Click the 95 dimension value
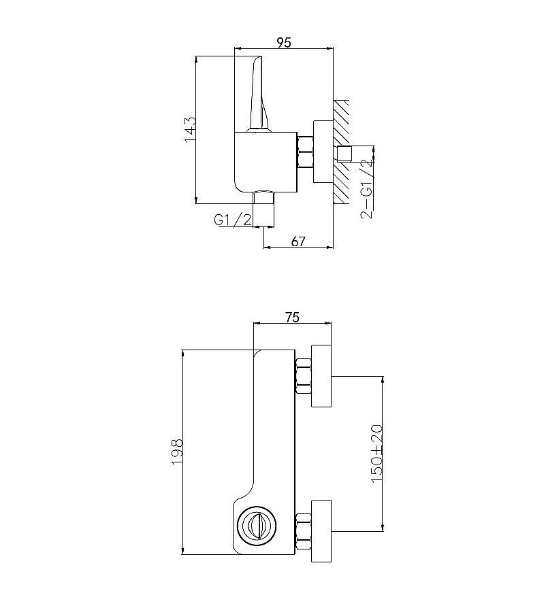click(284, 43)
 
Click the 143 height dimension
click(190, 130)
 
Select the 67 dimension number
click(298, 241)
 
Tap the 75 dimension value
click(292, 317)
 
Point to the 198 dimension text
click(177, 452)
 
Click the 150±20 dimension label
click(376, 454)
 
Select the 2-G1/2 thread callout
click(366, 190)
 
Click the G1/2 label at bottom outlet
click(232, 220)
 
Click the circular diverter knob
click(257, 525)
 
